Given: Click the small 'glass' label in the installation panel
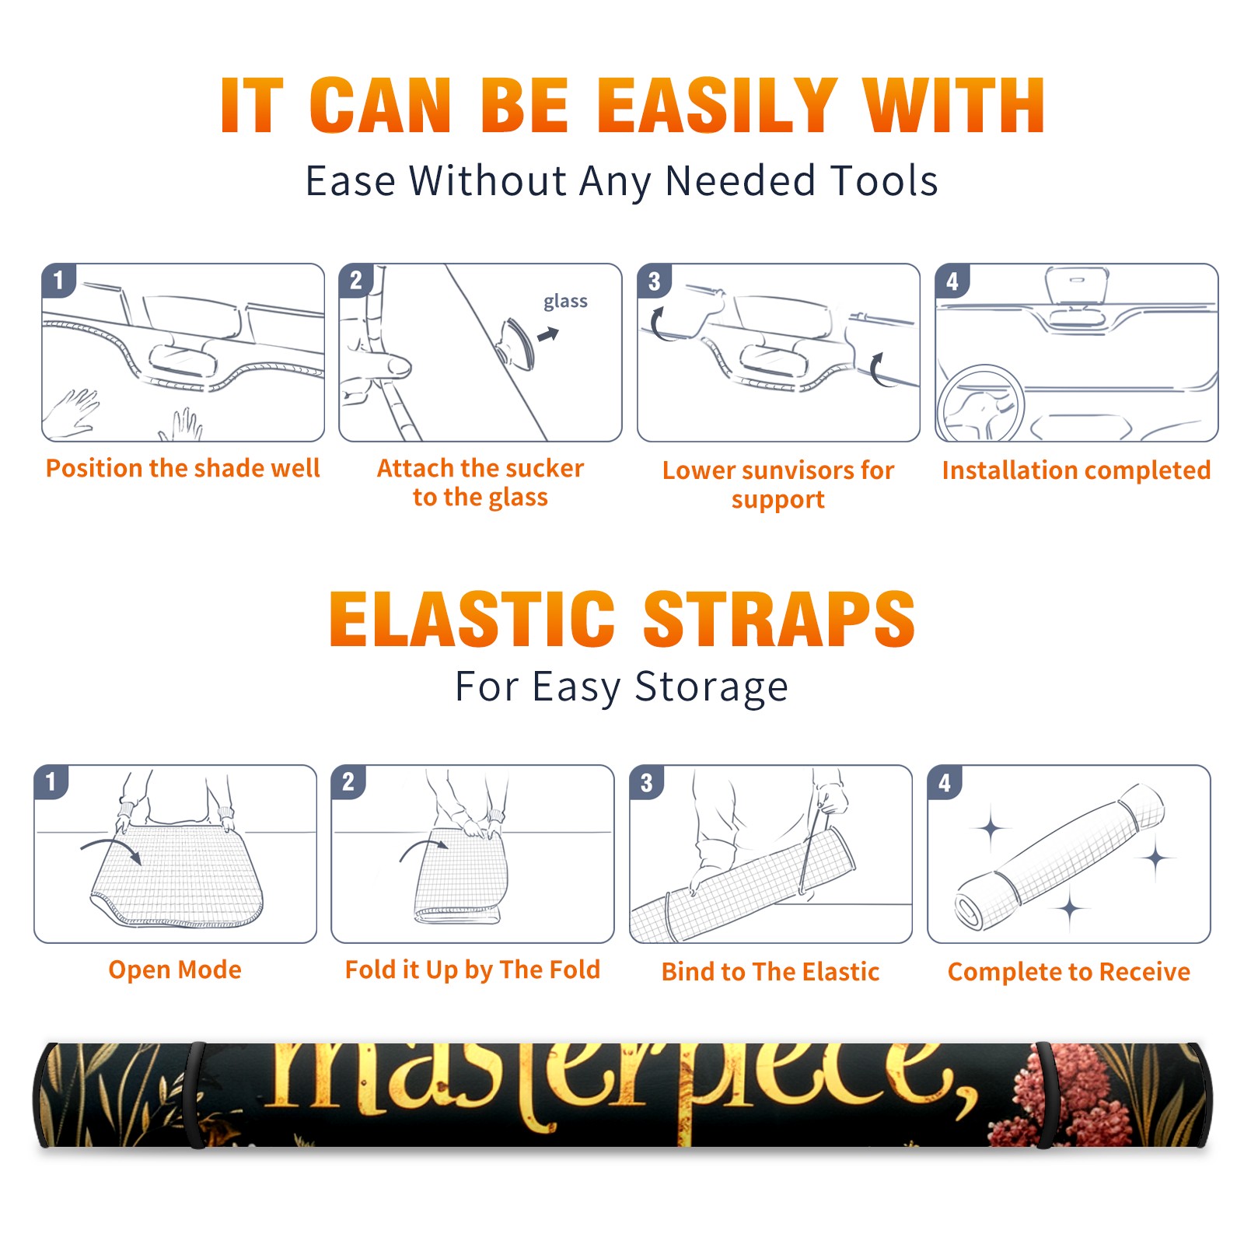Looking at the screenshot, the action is (565, 302).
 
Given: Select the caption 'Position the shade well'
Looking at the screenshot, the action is (183, 468).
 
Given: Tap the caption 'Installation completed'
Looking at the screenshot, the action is (1076, 470).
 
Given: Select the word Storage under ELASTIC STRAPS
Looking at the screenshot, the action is (711, 687).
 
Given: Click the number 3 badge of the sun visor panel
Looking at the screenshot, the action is (654, 281).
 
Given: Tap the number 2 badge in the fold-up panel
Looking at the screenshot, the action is (348, 781).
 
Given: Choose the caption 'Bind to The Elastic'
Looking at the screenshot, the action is (770, 971).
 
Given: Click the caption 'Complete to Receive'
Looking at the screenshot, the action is (1069, 971).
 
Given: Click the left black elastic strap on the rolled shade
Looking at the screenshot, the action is (194, 1095).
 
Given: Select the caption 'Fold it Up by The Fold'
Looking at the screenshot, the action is (473, 970).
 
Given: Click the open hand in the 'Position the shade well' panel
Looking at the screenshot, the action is (72, 412).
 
